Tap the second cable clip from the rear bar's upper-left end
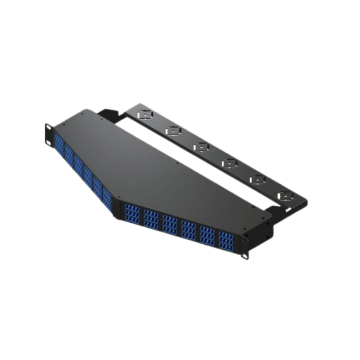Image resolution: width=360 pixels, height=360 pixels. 171,131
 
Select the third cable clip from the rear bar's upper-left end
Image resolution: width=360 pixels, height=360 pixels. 200,147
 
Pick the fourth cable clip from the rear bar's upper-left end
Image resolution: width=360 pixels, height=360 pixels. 228,163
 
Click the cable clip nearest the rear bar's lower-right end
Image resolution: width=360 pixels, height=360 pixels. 284,196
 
